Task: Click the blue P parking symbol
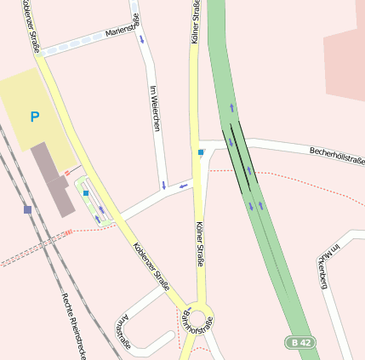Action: pyautogui.click(x=34, y=117)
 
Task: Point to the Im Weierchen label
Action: pyautogui.click(x=155, y=109)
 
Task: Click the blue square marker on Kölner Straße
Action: pyautogui.click(x=202, y=152)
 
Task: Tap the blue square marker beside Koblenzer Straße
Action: pyautogui.click(x=86, y=193)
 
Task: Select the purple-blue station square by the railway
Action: pyautogui.click(x=28, y=209)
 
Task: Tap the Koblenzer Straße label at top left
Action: pyautogui.click(x=33, y=26)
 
